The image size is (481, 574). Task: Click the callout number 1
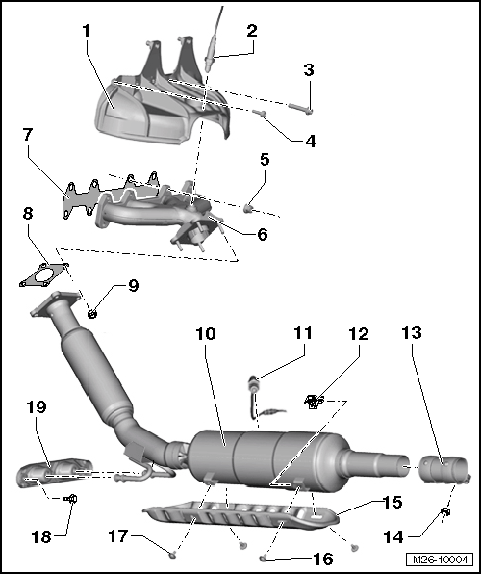pos(86,31)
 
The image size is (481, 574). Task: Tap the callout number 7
pos(28,134)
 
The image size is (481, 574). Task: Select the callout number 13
pos(412,333)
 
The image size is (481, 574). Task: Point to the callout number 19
pos(37,406)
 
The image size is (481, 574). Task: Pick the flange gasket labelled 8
pos(44,274)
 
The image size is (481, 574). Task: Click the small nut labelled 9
pos(91,314)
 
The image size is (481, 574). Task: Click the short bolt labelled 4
pos(260,113)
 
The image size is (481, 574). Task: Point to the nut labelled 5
pos(248,209)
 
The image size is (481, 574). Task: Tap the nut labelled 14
pos(445,511)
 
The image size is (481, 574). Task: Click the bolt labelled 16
pos(263,559)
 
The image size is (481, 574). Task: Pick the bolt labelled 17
pos(172,555)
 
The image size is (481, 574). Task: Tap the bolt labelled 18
pos(71,498)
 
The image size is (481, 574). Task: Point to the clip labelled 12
pos(314,402)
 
